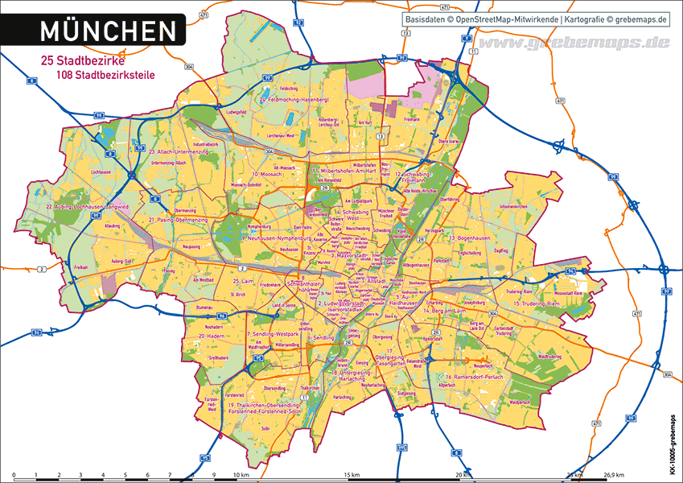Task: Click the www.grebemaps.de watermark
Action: pos(573,42)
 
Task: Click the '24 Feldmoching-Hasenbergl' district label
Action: pos(294,99)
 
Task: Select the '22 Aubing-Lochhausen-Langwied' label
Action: pos(86,207)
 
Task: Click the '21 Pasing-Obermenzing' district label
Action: pos(178,219)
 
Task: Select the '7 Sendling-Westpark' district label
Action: pos(273,333)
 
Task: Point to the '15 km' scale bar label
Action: pos(352,476)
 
